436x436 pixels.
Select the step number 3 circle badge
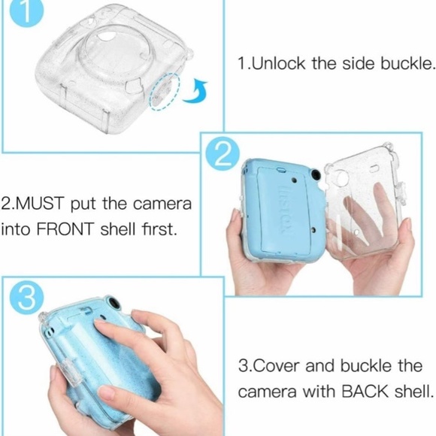[26, 298]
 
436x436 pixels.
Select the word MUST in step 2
[44, 203]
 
